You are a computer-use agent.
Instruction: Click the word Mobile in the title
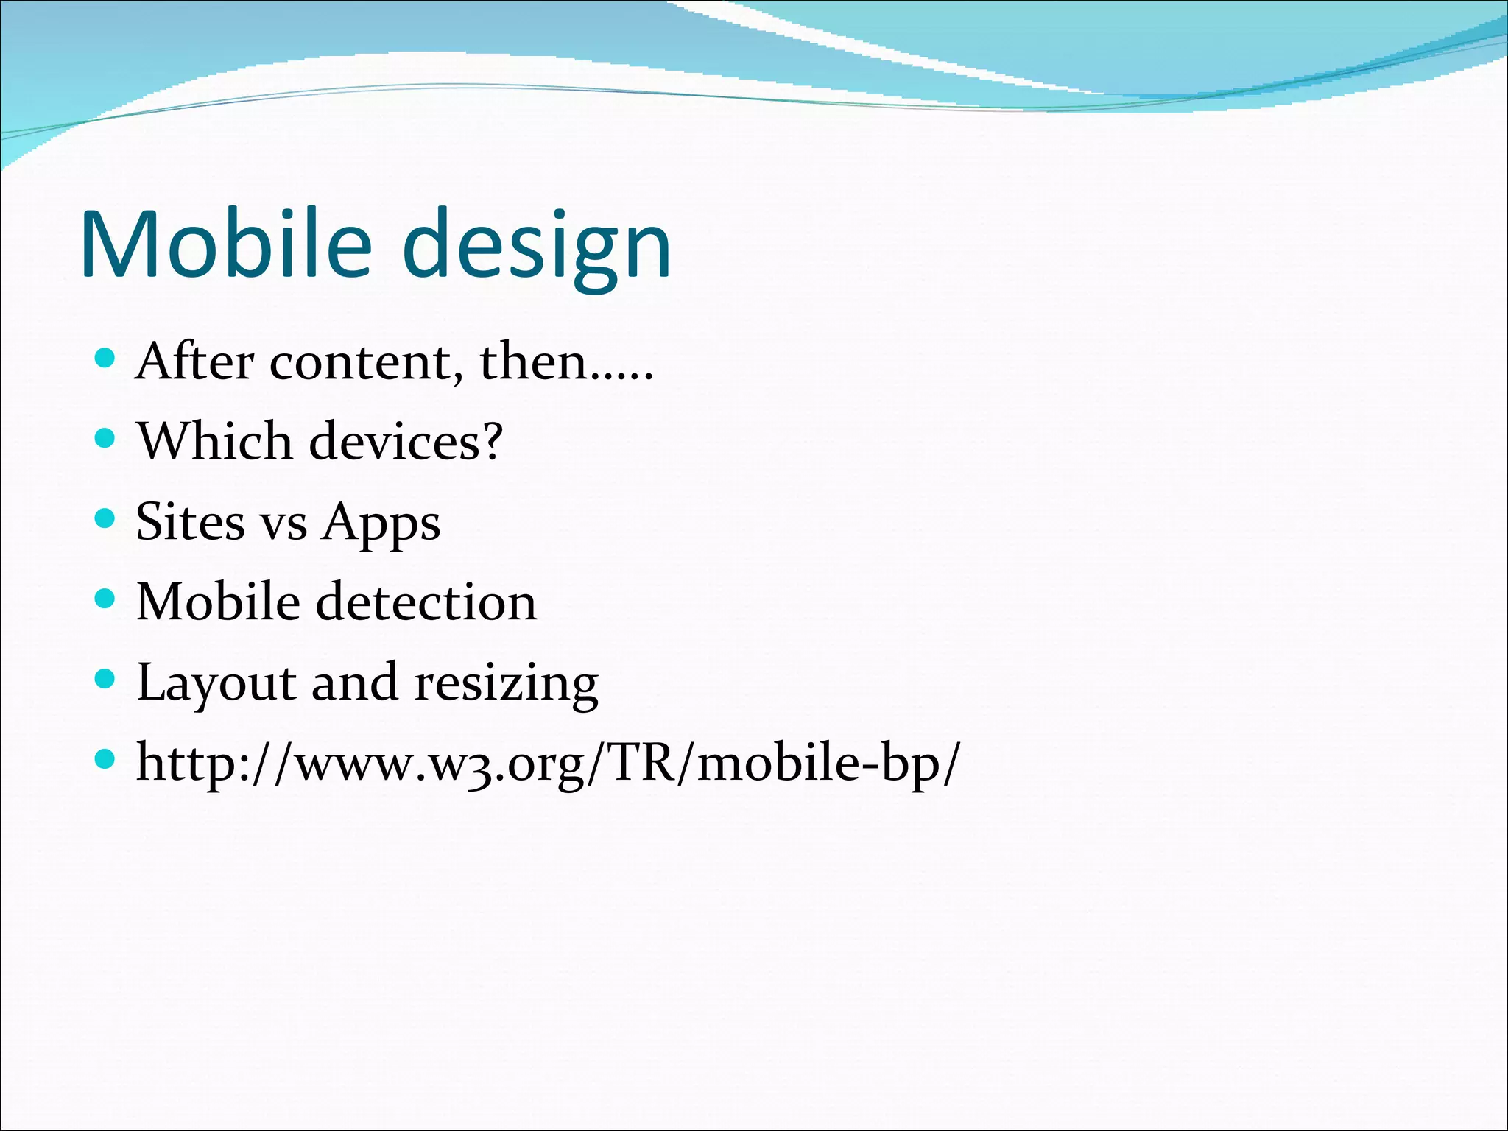pos(226,245)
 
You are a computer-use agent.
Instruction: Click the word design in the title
pos(537,248)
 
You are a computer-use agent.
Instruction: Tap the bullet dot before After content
pos(106,359)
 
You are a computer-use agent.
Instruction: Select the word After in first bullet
pos(194,362)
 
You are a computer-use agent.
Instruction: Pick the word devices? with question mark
pos(406,442)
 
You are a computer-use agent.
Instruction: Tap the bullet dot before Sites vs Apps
pos(106,518)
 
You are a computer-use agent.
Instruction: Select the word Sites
pos(190,522)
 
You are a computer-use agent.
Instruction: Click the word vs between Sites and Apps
pos(284,524)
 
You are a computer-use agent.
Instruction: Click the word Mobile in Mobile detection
pos(218,602)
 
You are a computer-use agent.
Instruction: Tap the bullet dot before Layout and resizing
pos(106,679)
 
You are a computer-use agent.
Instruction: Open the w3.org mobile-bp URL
pos(548,764)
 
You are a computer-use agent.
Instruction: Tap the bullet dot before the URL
pos(106,758)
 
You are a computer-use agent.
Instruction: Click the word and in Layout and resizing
pos(354,683)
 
